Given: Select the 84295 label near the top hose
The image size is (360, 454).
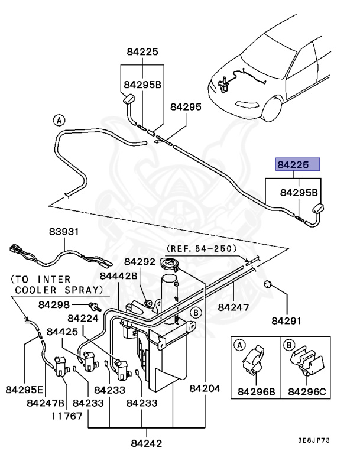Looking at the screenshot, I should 186,107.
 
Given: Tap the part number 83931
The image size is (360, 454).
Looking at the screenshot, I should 63,232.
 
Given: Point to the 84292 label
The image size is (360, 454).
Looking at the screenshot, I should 140,261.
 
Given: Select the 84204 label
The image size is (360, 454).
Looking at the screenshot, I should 205,390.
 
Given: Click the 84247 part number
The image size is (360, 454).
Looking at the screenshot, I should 233,307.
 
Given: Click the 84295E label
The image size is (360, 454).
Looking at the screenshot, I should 24,390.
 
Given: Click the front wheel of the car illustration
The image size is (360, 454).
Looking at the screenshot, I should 273,108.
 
